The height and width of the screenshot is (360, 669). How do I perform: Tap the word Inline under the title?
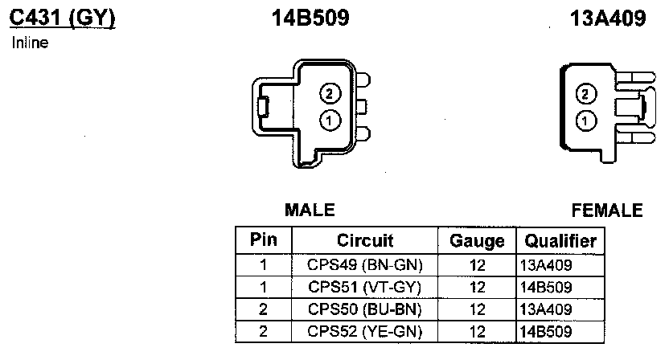pos(31,43)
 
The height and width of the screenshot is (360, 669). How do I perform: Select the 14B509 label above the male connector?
pos(310,18)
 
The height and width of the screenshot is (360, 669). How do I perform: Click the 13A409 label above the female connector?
pos(608,18)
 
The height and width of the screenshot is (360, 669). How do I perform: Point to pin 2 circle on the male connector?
pos(329,93)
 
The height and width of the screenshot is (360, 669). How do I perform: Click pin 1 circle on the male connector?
pos(329,121)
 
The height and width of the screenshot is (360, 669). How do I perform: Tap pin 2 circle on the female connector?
pos(587,94)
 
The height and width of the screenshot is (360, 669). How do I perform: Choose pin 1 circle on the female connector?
pos(587,121)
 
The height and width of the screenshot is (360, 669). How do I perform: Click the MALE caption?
pos(310,211)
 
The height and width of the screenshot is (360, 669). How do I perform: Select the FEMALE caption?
pos(607,211)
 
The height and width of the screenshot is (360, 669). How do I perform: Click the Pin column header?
pos(263,240)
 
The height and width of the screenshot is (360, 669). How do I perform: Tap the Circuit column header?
pos(364,240)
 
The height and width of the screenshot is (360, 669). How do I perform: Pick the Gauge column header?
pos(477,240)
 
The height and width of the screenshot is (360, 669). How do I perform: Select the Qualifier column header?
pos(560,240)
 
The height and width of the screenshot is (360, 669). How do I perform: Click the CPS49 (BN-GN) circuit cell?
pos(364,264)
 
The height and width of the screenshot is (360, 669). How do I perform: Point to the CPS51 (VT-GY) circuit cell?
pos(364,286)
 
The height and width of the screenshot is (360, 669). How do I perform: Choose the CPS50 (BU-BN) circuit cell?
pos(364,309)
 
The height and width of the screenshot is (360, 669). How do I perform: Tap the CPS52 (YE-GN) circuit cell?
pos(364,331)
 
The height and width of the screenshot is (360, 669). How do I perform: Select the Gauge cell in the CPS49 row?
pos(477,264)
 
